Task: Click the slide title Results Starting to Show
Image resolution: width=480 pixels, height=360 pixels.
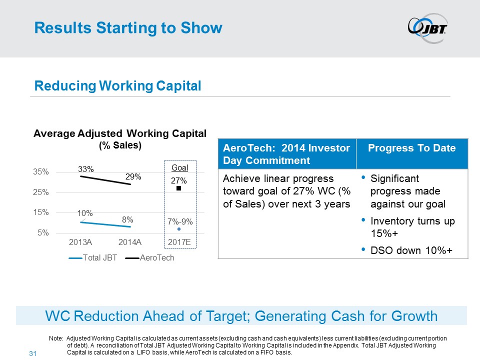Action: [x=128, y=28]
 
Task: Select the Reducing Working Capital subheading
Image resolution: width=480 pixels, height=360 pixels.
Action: [x=117, y=86]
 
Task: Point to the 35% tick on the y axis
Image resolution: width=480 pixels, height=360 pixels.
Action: [x=41, y=171]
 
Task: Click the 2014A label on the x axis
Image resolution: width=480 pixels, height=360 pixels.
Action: [x=130, y=242]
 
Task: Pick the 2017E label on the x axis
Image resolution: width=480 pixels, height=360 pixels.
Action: [x=179, y=242]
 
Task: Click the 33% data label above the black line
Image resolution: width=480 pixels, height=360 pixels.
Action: [x=86, y=169]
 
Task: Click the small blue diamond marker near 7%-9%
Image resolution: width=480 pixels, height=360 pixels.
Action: [x=178, y=229]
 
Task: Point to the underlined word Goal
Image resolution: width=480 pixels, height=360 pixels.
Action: [x=179, y=168]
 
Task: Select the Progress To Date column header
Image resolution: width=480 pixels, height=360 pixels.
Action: [x=411, y=148]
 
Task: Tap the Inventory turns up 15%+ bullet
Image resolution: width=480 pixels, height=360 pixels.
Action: [x=412, y=227]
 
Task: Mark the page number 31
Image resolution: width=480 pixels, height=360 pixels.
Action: [x=34, y=354]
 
